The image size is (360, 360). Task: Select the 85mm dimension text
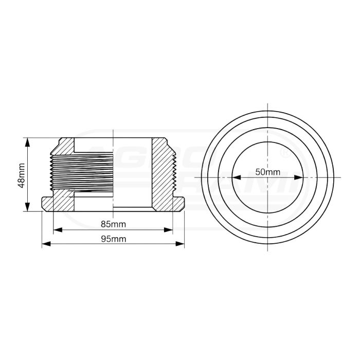tap(113, 224)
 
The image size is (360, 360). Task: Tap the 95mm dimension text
tap(113, 239)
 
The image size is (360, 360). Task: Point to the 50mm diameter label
tap(267, 172)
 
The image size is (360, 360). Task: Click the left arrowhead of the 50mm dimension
tap(235, 177)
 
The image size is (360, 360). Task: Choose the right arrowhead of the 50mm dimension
tap(300, 177)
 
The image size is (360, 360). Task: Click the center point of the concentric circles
tap(267, 177)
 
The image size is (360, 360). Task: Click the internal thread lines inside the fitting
tap(93, 170)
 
